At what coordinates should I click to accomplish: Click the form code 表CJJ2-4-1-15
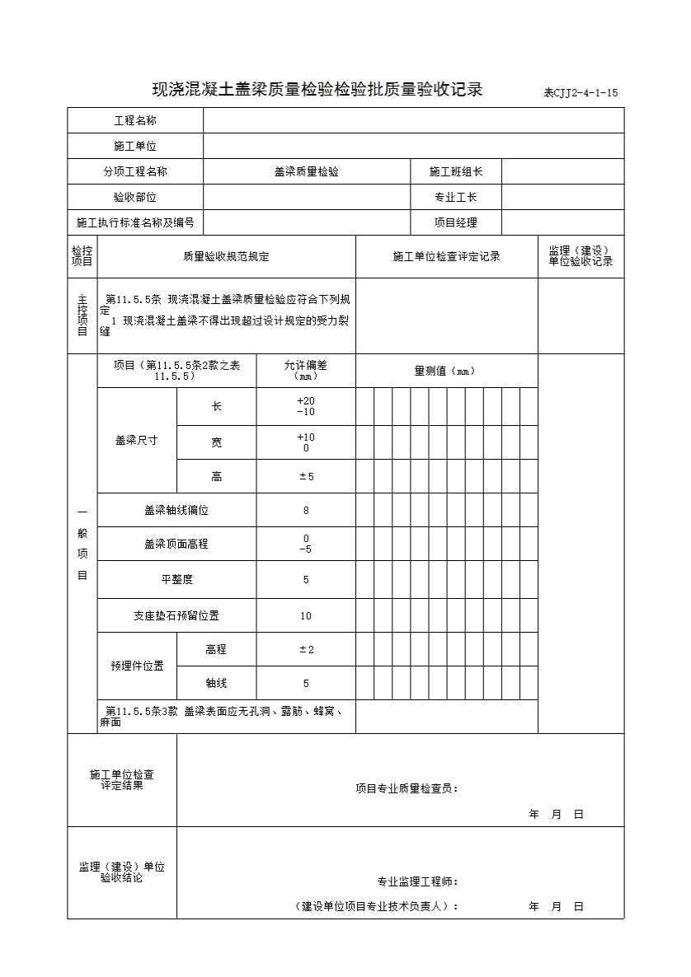(x=580, y=93)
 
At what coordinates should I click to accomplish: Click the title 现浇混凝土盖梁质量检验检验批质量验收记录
(x=317, y=90)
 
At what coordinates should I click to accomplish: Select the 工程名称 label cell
(x=135, y=121)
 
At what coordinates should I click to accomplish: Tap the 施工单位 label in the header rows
(x=135, y=147)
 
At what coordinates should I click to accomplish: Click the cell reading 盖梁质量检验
(x=307, y=172)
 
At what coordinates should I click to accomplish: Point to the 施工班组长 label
(x=456, y=172)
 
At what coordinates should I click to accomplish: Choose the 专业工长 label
(x=456, y=198)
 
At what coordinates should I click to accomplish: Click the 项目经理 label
(x=456, y=222)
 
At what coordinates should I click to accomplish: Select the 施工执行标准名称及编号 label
(x=135, y=222)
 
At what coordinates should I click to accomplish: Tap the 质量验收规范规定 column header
(x=226, y=257)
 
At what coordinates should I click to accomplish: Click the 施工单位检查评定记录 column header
(x=447, y=257)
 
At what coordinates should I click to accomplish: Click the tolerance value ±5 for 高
(x=306, y=477)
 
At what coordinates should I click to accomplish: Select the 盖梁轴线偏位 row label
(x=176, y=511)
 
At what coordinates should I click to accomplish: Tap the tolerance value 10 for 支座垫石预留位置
(x=306, y=616)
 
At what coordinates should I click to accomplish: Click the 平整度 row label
(x=176, y=580)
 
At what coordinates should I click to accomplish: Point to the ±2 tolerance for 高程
(x=306, y=650)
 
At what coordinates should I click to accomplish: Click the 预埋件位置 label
(x=137, y=666)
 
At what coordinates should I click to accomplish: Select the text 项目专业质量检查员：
(x=407, y=789)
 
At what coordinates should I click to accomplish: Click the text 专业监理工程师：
(x=418, y=882)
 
